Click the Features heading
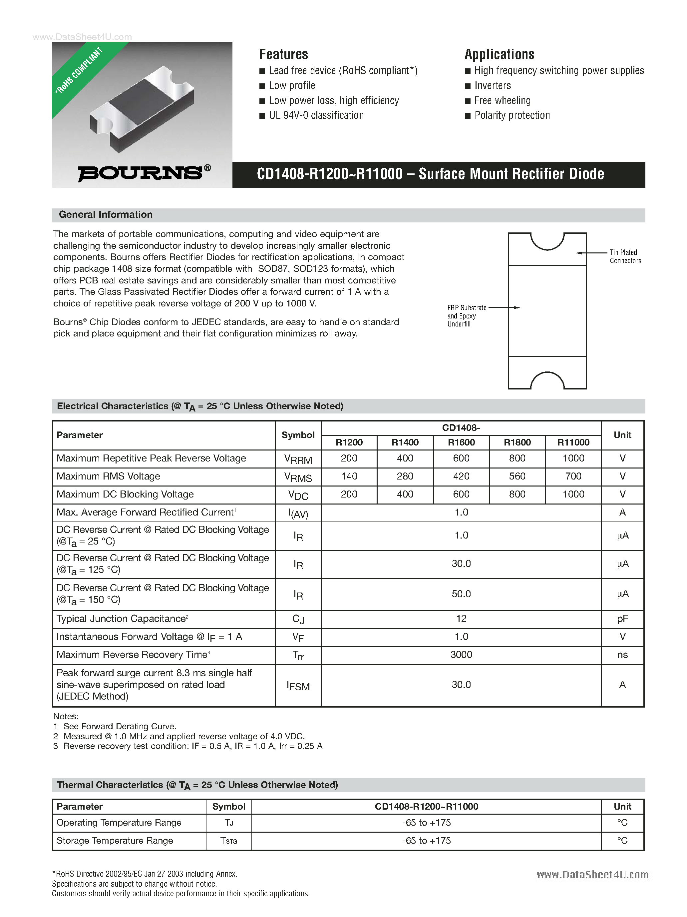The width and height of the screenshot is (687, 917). (x=283, y=54)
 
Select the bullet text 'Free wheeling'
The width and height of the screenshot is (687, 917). (x=502, y=101)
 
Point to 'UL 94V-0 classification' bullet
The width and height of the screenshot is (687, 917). (x=316, y=116)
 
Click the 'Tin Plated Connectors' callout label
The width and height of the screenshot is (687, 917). (x=624, y=257)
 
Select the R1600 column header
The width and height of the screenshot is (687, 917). (x=461, y=442)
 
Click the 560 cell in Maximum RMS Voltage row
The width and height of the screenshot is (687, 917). (x=517, y=476)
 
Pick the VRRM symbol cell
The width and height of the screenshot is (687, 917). (x=298, y=459)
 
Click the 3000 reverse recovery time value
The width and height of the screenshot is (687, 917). (x=461, y=655)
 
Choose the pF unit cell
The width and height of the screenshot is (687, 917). (x=622, y=619)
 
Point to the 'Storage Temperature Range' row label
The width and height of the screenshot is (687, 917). (x=115, y=840)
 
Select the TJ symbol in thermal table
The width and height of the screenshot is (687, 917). (x=228, y=823)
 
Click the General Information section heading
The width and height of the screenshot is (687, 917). (x=106, y=215)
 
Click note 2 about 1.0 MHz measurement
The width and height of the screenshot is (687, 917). (x=183, y=736)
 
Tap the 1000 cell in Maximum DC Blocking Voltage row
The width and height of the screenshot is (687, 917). (x=573, y=494)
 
